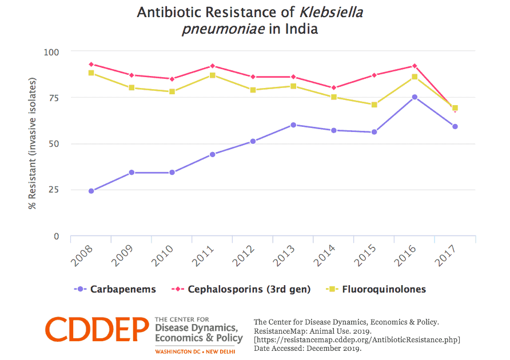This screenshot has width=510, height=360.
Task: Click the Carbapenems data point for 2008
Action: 91,191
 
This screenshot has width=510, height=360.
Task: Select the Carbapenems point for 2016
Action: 415,97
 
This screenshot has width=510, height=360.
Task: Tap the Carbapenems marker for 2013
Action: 293,125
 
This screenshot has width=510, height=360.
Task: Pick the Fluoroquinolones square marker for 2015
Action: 374,105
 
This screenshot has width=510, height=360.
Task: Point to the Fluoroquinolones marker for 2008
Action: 91,73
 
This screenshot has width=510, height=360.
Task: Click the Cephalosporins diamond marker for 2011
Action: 212,66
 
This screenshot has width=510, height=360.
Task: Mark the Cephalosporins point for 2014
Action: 333,88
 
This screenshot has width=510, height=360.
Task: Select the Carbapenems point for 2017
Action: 455,126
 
